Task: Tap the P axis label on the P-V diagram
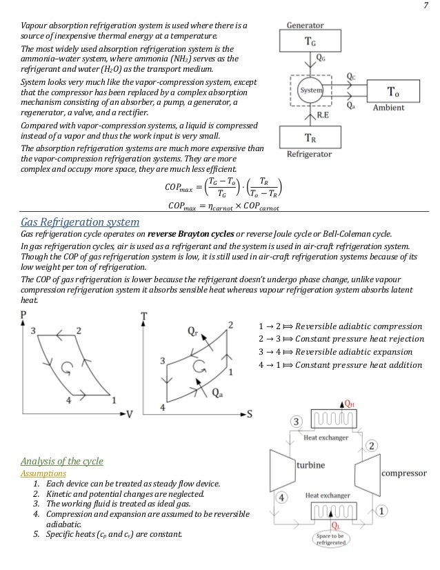25,316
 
